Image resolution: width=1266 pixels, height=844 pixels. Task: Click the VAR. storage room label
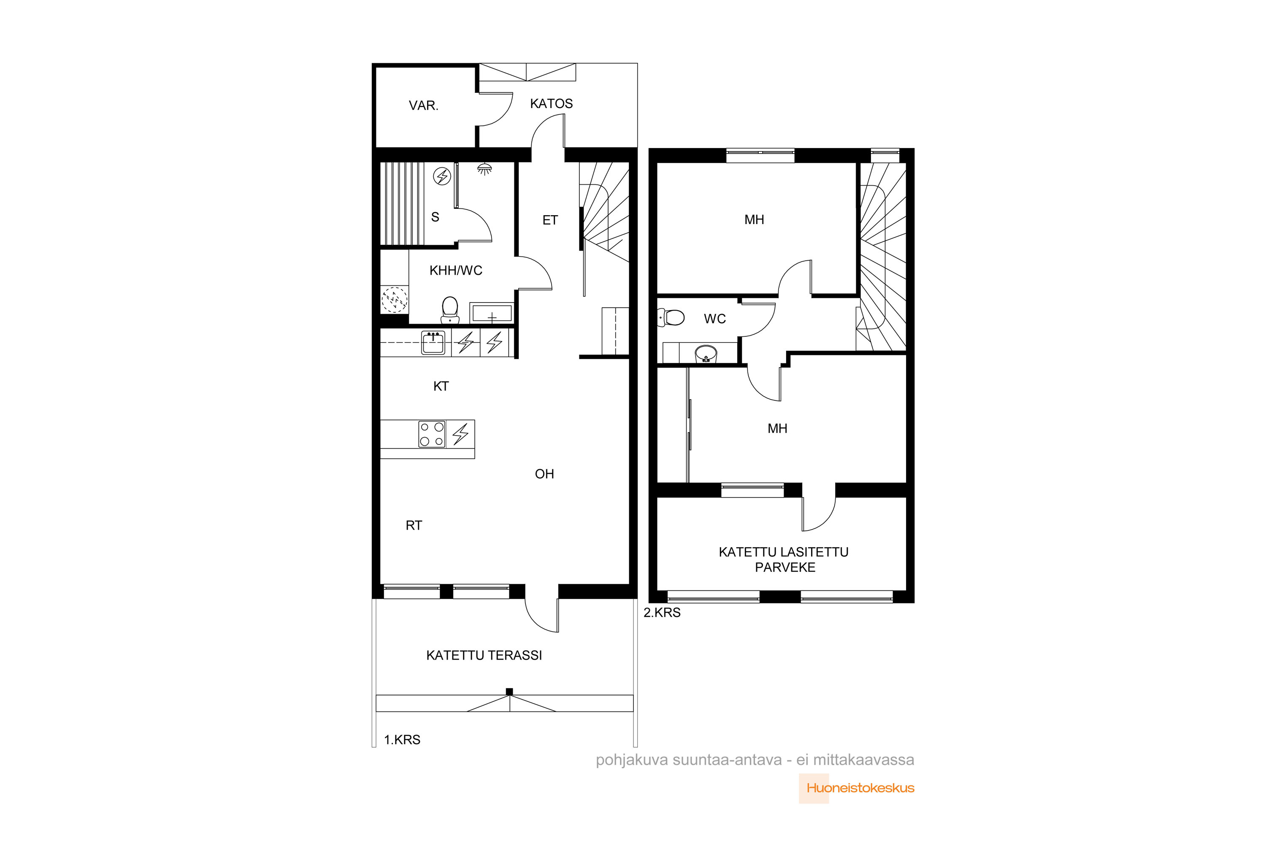[x=424, y=105]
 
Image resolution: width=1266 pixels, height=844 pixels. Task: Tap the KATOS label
[x=551, y=103]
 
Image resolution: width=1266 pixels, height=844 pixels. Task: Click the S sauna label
[x=435, y=217]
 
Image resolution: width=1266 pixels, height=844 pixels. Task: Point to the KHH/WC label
[x=456, y=270]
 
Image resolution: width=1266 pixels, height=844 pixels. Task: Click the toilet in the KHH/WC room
[x=449, y=310]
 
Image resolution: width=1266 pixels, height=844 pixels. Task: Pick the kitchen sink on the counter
[x=433, y=343]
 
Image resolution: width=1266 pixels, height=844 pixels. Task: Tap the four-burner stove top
[x=432, y=434]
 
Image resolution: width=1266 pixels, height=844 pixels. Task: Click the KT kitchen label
[x=441, y=386]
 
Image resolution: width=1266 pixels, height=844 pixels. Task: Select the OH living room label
[x=544, y=473]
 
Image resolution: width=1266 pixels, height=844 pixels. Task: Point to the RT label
[x=414, y=525]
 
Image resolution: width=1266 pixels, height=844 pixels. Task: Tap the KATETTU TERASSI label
[x=484, y=655]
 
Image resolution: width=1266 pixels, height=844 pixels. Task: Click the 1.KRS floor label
[x=402, y=740]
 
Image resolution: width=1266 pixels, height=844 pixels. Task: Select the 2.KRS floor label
[x=662, y=613]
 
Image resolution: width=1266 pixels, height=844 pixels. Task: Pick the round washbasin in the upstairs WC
[x=706, y=354]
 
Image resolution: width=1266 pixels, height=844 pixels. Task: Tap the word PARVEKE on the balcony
[x=785, y=567]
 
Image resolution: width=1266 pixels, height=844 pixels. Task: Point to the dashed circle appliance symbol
[x=395, y=299]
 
